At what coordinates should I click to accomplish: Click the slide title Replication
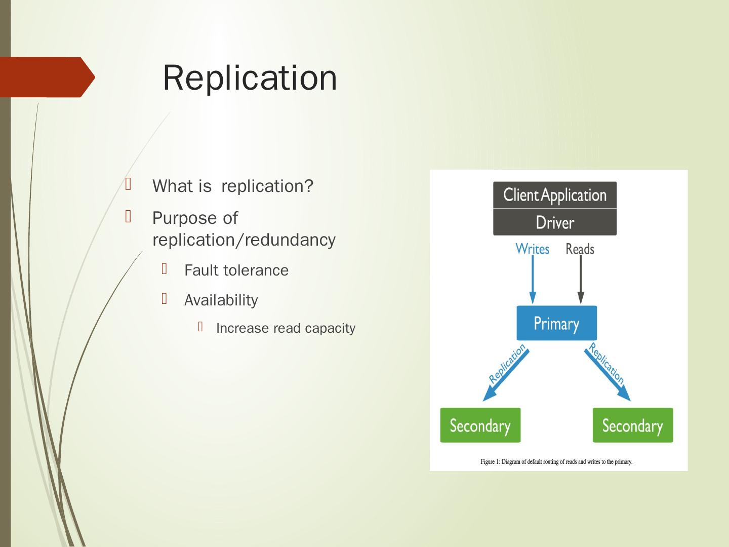[x=250, y=77]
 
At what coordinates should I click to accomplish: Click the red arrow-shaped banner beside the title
[x=47, y=77]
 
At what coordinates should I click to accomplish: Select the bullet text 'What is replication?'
[x=233, y=186]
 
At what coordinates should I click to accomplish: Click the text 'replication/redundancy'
[x=244, y=240]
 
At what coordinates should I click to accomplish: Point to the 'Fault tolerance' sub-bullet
[x=236, y=270]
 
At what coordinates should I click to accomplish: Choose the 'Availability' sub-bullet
[x=221, y=300]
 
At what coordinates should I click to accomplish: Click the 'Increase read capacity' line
[x=286, y=328]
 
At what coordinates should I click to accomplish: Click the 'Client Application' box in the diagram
[x=555, y=195]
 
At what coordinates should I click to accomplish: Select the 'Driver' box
[x=555, y=222]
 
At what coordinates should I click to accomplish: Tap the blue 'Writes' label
[x=532, y=249]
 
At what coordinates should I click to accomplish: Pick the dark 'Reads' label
[x=580, y=249]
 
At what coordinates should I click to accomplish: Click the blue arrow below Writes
[x=533, y=281]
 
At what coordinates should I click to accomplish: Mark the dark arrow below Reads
[x=581, y=281]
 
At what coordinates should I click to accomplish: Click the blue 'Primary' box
[x=556, y=323]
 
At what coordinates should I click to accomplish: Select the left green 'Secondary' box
[x=480, y=425]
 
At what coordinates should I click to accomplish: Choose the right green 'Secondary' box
[x=633, y=425]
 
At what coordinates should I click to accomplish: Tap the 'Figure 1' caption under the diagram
[x=556, y=461]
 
